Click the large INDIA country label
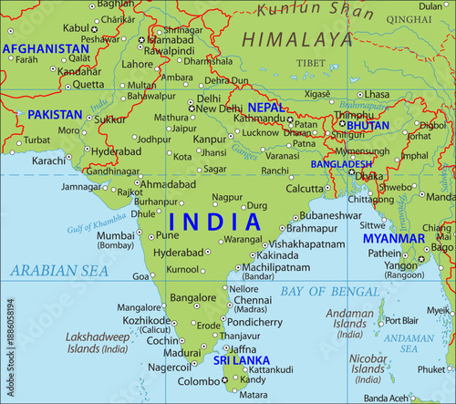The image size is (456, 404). [x=214, y=222]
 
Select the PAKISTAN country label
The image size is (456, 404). [x=55, y=115]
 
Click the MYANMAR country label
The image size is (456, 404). [x=394, y=238]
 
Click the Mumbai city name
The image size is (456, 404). [x=115, y=234]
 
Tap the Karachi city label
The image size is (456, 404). [x=49, y=161]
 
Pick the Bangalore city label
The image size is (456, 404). [x=193, y=297]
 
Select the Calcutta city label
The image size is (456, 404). [x=278, y=189]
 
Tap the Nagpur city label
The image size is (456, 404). [x=227, y=196]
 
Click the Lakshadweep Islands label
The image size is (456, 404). [x=97, y=343]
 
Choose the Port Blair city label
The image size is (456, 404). [x=402, y=321]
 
